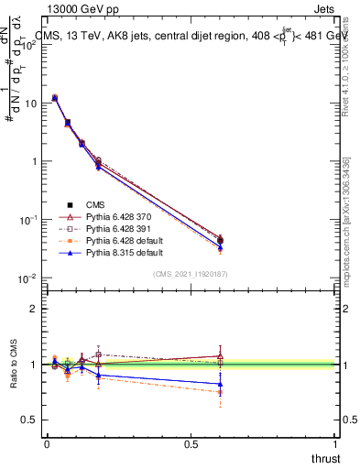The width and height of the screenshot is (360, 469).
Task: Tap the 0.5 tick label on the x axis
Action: pyautogui.click(x=191, y=444)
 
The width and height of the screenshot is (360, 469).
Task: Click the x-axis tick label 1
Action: pyautogui.click(x=335, y=444)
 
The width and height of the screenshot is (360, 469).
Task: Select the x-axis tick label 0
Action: pyautogui.click(x=48, y=444)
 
